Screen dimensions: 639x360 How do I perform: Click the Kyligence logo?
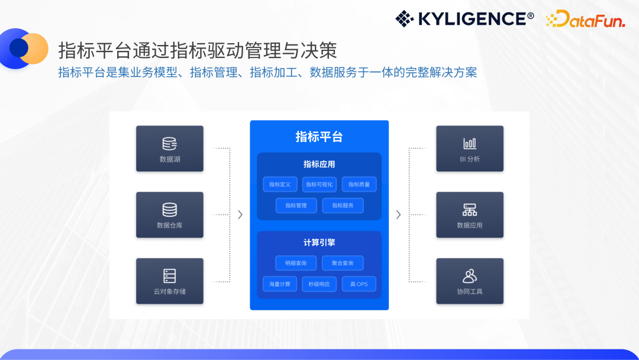coord(464,19)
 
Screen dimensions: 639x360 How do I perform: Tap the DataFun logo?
coord(585,19)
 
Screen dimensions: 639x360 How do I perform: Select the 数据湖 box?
coord(170,149)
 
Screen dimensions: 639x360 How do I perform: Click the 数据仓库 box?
coord(170,215)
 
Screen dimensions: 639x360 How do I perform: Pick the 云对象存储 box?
coord(170,281)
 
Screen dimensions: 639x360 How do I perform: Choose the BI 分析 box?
coord(470,149)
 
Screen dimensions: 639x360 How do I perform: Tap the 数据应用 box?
coord(470,215)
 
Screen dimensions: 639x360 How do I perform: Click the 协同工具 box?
coord(470,281)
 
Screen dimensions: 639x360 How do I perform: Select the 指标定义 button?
coord(280,184)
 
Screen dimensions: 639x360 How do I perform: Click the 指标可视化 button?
coord(319,184)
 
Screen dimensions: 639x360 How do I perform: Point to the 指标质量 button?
coord(359,184)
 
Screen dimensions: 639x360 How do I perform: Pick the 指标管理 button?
coord(296,205)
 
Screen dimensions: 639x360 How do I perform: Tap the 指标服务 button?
coord(343,205)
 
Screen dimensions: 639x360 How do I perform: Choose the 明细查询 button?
coord(296,263)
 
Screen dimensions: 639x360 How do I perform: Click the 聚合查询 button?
coord(343,263)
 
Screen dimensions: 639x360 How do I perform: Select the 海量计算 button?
coord(280,284)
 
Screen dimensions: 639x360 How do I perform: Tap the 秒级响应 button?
coord(319,284)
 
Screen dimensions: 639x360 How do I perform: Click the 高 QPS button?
coord(359,284)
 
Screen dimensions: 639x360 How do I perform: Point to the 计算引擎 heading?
coord(319,243)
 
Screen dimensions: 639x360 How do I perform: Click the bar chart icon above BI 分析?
coord(470,143)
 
